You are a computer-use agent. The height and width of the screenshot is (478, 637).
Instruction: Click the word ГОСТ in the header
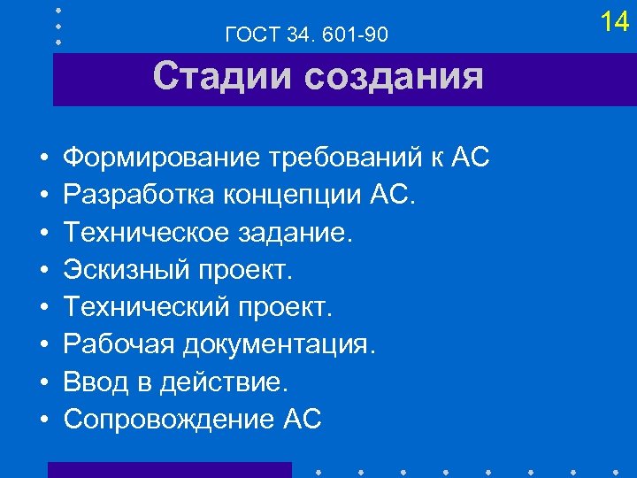tap(253, 35)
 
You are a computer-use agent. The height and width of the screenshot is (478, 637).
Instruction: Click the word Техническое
tap(137, 233)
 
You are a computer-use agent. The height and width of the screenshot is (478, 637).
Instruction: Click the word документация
tap(280, 344)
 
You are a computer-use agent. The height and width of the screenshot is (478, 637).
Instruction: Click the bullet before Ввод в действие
tap(42, 382)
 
